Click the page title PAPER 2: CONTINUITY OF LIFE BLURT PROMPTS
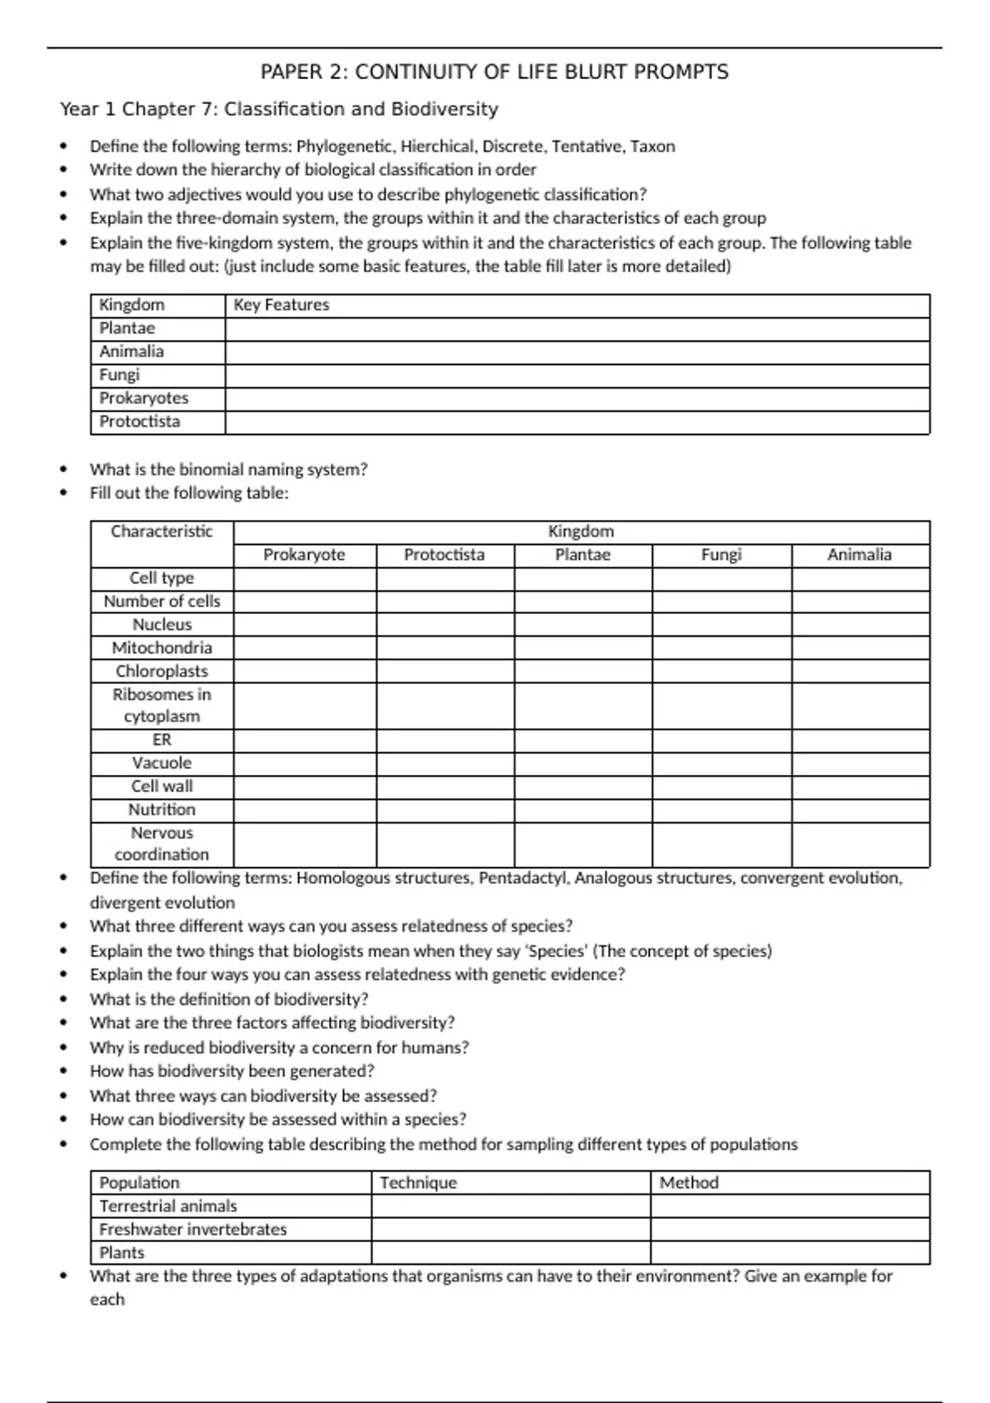pyautogui.click(x=494, y=73)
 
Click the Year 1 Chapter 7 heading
pyautogui.click(x=279, y=109)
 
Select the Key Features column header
pyautogui.click(x=281, y=305)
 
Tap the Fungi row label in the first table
pyautogui.click(x=120, y=375)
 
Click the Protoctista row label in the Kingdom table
pyautogui.click(x=139, y=422)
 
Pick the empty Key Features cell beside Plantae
pyautogui.click(x=577, y=328)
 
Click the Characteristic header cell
pyautogui.click(x=162, y=531)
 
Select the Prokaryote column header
pyautogui.click(x=304, y=555)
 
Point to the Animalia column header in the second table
pyautogui.click(x=859, y=555)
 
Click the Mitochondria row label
pyautogui.click(x=162, y=648)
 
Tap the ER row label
pyautogui.click(x=162, y=740)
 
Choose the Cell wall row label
pyautogui.click(x=162, y=787)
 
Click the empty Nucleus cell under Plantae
pyautogui.click(x=582, y=625)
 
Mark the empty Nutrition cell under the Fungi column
pyautogui.click(x=721, y=810)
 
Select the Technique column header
pyautogui.click(x=418, y=1183)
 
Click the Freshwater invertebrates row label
pyautogui.click(x=193, y=1230)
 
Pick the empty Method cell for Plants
pyautogui.click(x=790, y=1253)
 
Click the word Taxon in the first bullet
pyautogui.click(x=653, y=147)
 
